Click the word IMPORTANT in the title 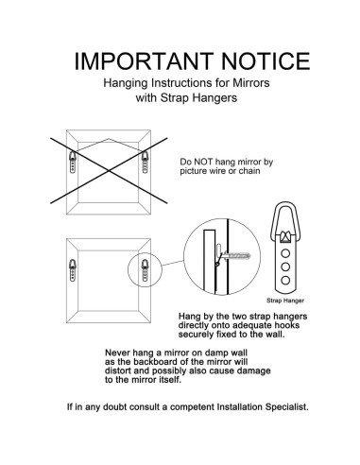pyautogui.click(x=144, y=61)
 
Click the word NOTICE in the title pyautogui.click(x=266, y=61)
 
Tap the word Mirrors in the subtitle pyautogui.click(x=251, y=83)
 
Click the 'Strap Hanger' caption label pyautogui.click(x=285, y=301)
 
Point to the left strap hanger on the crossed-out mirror pyautogui.click(x=73, y=162)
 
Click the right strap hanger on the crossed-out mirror pyautogui.click(x=145, y=162)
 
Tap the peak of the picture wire pyautogui.click(x=109, y=139)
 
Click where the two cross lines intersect pyautogui.click(x=109, y=171)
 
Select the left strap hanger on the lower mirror pyautogui.click(x=73, y=270)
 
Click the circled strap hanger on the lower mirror pyautogui.click(x=145, y=270)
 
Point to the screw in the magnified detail pyautogui.click(x=237, y=255)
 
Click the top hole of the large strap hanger pyautogui.click(x=285, y=253)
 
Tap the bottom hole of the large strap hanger pyautogui.click(x=285, y=280)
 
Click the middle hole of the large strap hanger pyautogui.click(x=285, y=267)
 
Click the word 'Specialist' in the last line pyautogui.click(x=286, y=407)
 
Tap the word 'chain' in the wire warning pyautogui.click(x=249, y=171)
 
